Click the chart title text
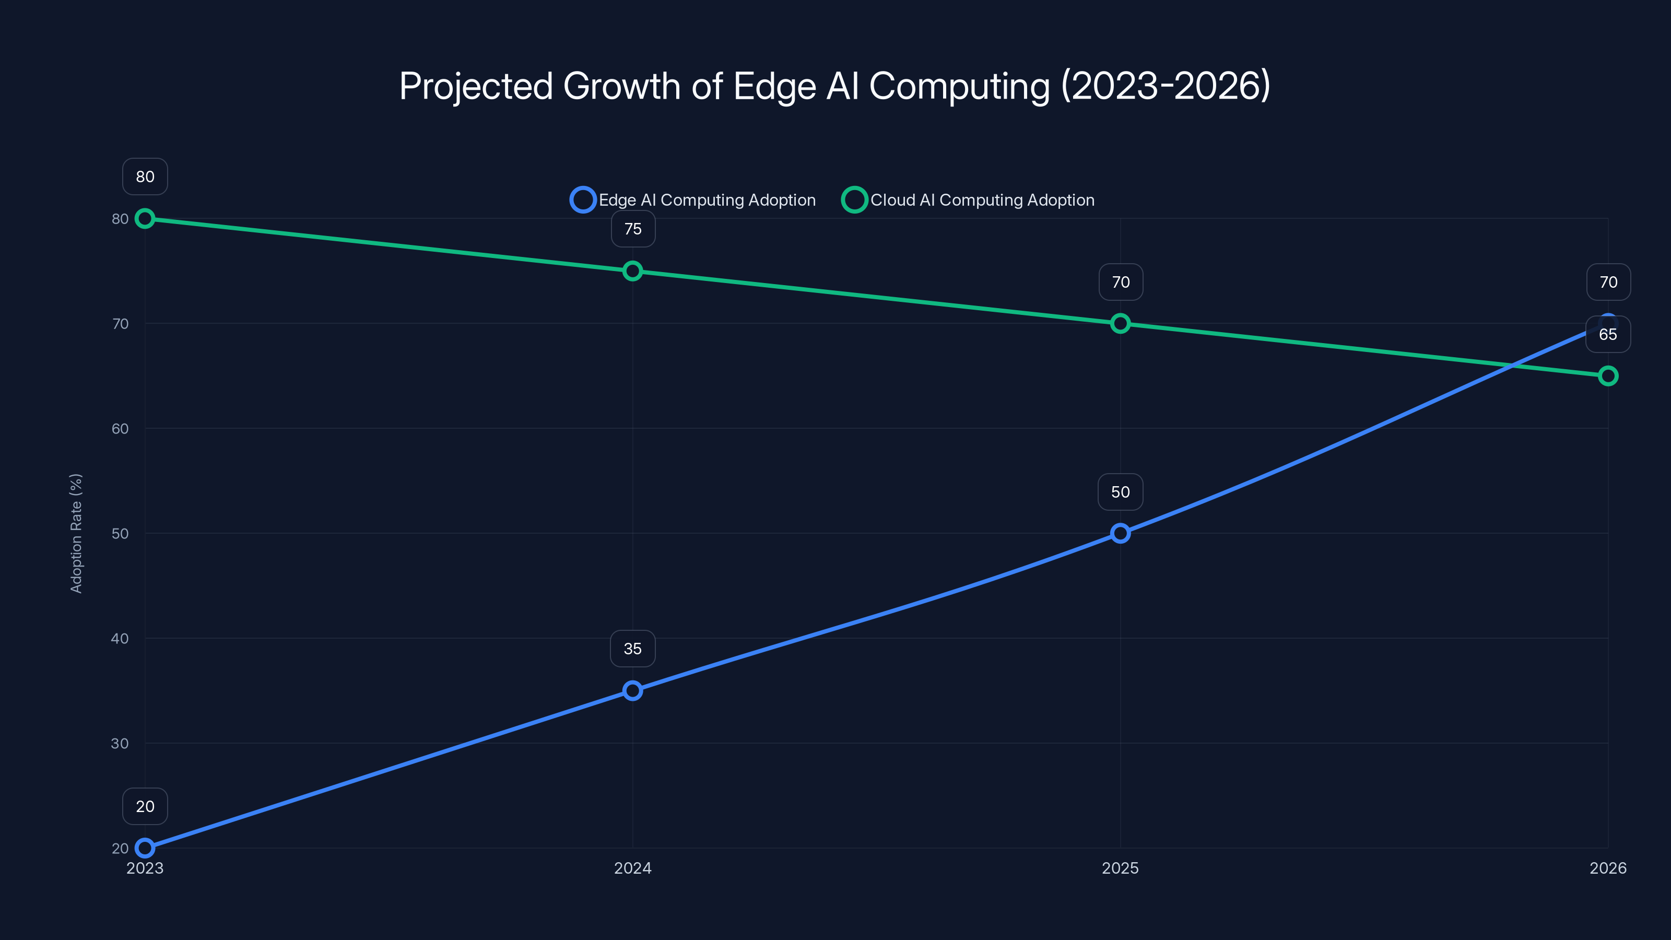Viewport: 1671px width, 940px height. click(835, 86)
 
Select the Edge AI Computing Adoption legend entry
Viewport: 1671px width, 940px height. click(693, 200)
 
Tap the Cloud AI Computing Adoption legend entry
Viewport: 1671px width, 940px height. click(968, 200)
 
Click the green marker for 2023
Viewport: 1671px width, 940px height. click(145, 219)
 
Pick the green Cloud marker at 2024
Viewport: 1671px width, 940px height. click(632, 271)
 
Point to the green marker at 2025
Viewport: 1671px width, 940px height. click(1120, 323)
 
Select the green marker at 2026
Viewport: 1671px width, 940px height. click(1608, 375)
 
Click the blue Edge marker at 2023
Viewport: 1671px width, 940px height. click(145, 848)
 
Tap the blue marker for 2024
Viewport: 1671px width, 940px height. click(632, 690)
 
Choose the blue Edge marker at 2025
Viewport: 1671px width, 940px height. click(1120, 533)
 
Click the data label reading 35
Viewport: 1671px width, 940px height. click(632, 649)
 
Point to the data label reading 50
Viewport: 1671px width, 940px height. click(1120, 492)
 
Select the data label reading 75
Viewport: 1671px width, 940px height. click(632, 229)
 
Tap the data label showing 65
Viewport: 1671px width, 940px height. click(1608, 335)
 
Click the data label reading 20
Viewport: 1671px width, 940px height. click(145, 806)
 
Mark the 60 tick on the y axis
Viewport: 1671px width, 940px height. click(120, 429)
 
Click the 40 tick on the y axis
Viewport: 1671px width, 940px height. click(120, 638)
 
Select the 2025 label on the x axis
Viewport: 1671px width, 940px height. click(1120, 868)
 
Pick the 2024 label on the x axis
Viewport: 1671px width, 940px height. click(632, 868)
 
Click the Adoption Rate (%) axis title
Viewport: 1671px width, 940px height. click(76, 533)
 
